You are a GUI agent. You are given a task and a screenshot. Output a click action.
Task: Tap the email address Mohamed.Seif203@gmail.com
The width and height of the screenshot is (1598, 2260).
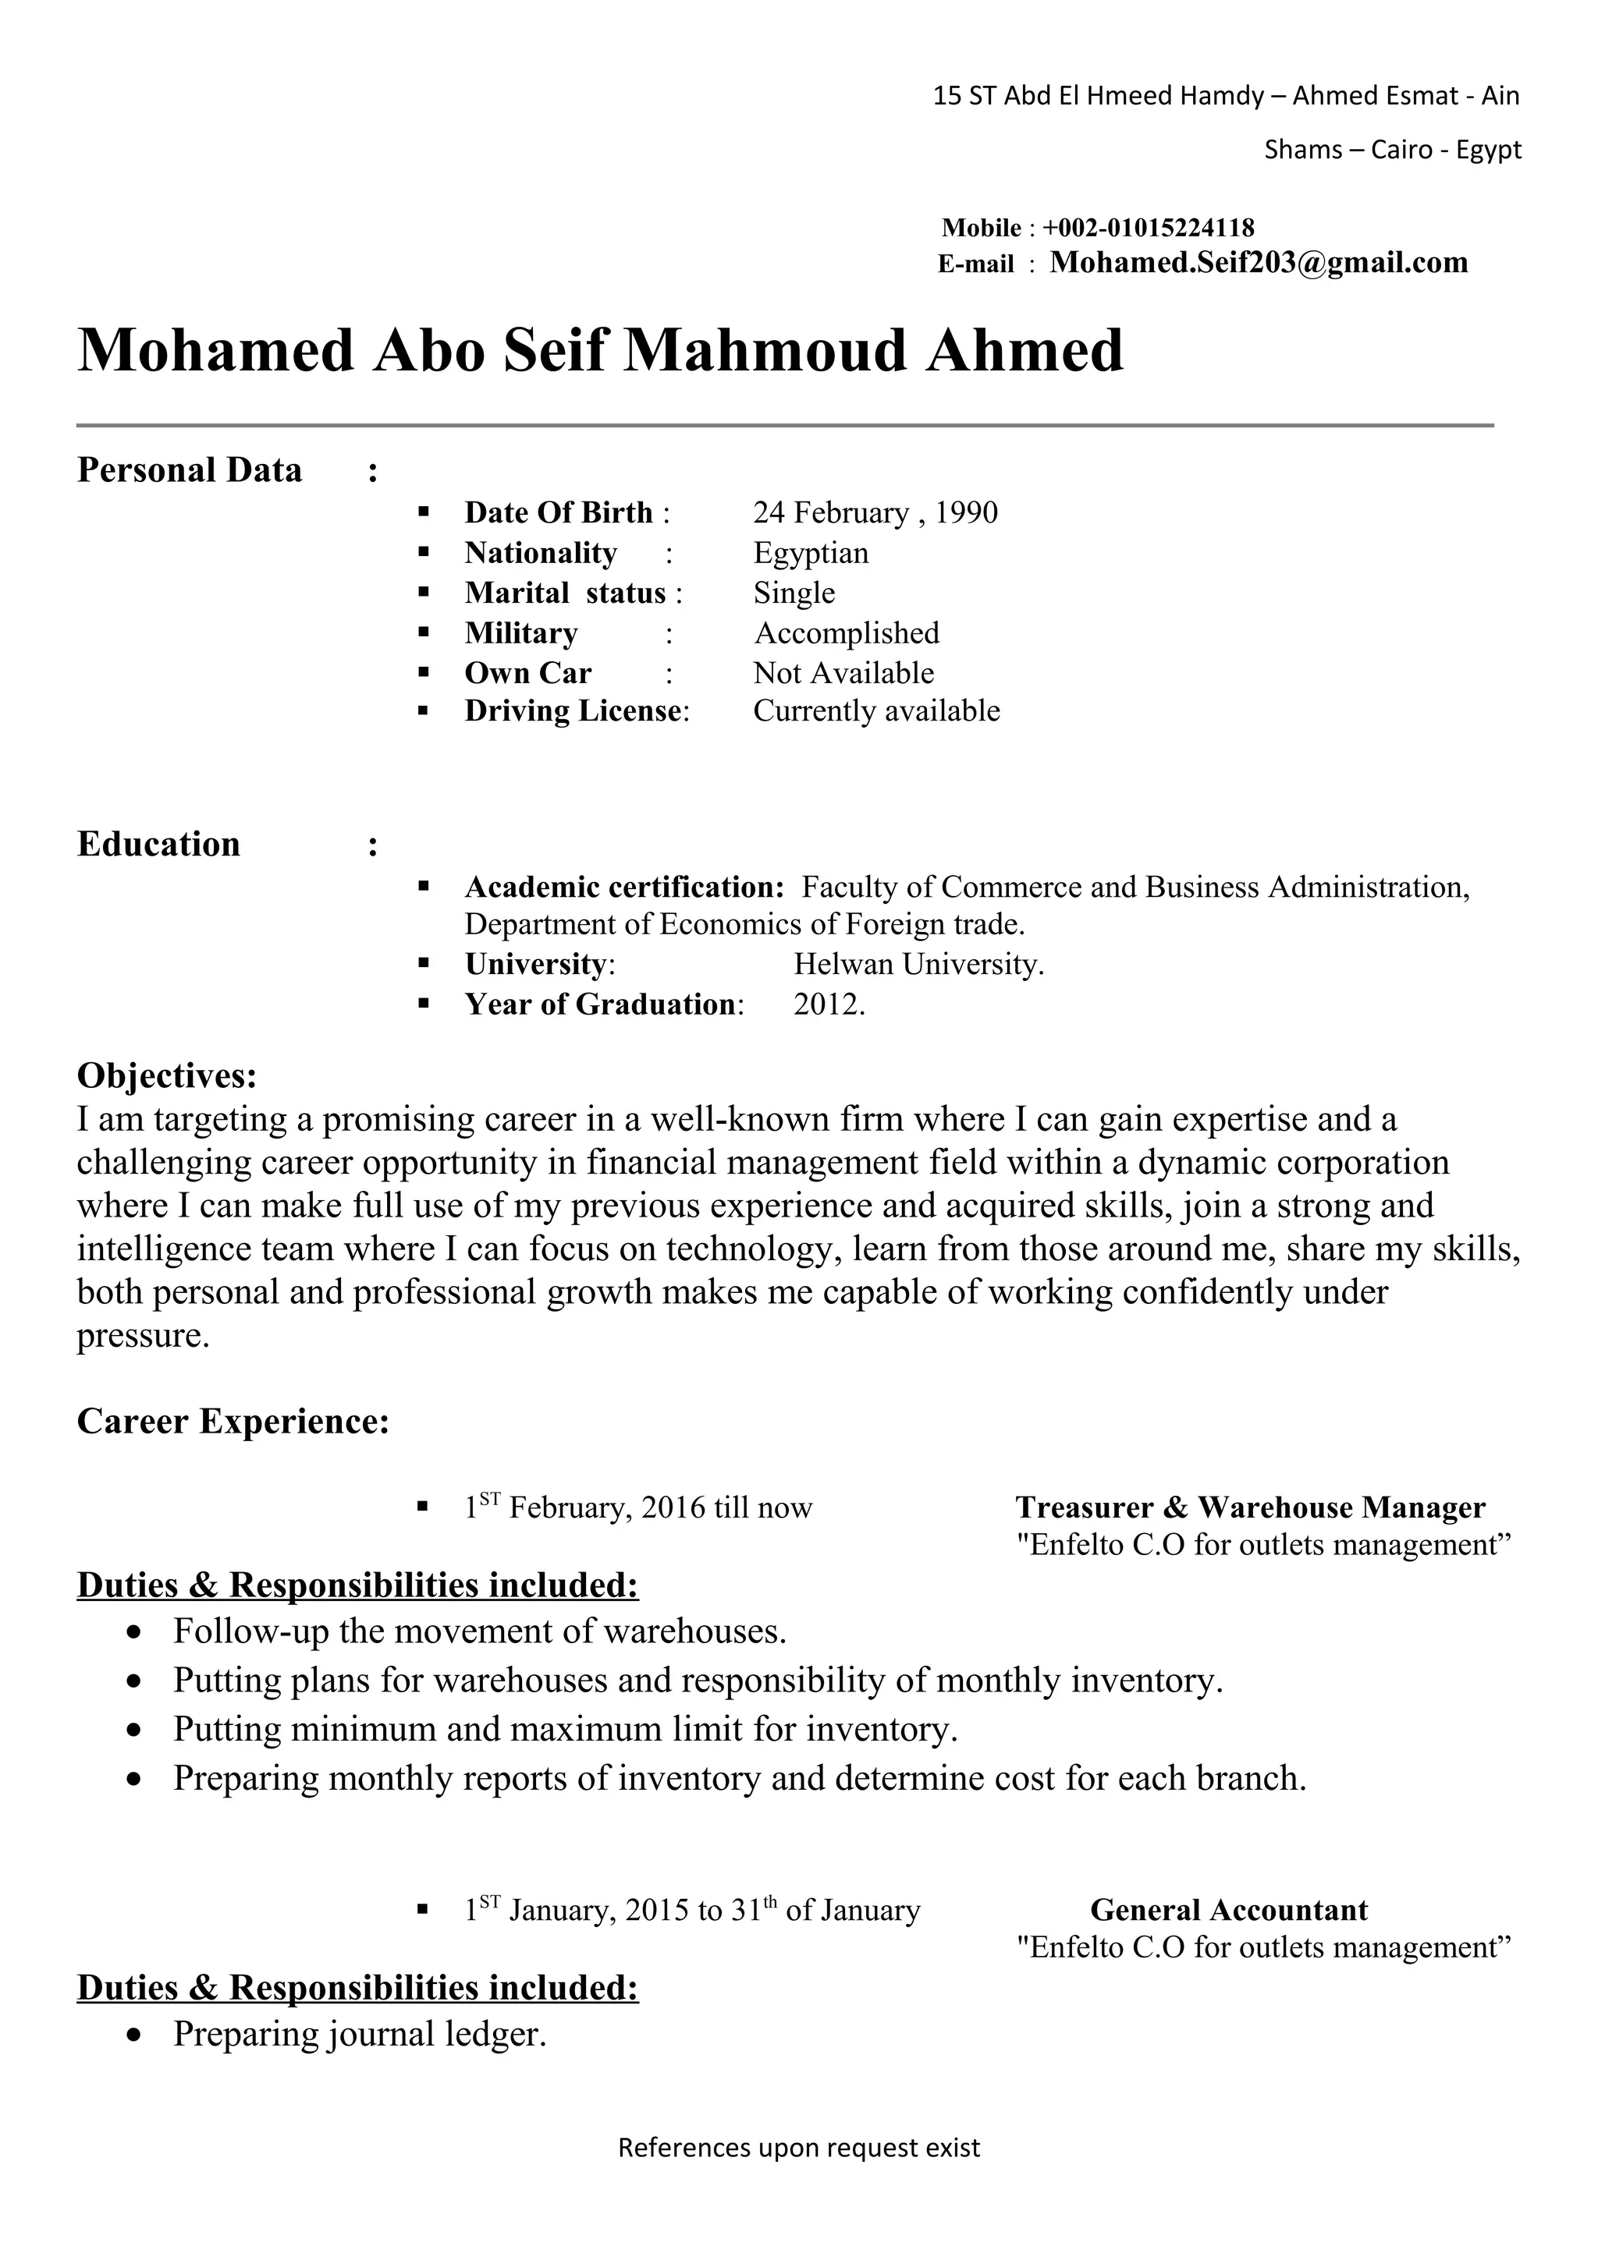[1259, 263]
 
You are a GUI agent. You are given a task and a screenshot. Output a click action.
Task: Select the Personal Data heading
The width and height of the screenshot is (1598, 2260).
[189, 470]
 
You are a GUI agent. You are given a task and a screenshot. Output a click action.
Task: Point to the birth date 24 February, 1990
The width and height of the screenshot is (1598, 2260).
[875, 513]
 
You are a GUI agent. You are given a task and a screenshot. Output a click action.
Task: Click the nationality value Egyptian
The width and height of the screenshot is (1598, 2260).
[811, 553]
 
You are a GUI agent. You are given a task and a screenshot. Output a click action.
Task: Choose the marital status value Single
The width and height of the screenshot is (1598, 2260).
[794, 593]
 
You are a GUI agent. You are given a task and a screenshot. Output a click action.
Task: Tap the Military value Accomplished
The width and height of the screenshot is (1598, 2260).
[847, 633]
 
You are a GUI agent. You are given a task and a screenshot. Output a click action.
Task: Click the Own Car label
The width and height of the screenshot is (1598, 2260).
[527, 673]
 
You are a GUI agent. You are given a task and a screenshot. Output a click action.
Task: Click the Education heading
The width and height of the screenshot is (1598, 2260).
[158, 845]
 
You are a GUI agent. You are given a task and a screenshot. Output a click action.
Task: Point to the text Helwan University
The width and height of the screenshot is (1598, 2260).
[918, 965]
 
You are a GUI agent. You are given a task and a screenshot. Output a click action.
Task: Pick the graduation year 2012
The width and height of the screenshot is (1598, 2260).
[828, 1005]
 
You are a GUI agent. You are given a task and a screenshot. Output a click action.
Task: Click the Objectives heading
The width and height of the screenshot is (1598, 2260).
[166, 1076]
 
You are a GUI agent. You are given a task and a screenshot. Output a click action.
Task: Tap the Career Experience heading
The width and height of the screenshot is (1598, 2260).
[233, 1422]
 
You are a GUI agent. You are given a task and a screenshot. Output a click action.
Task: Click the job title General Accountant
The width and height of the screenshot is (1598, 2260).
[1229, 1911]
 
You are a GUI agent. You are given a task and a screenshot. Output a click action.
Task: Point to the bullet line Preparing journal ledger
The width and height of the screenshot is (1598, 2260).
[360, 2035]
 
